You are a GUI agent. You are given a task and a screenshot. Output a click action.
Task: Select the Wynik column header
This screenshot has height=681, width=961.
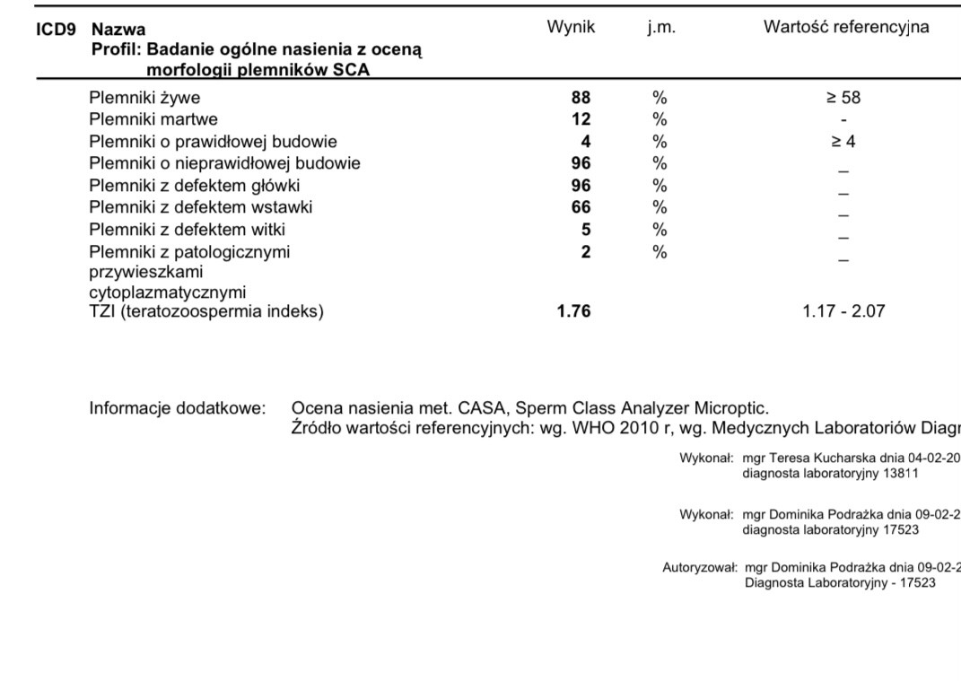click(x=571, y=28)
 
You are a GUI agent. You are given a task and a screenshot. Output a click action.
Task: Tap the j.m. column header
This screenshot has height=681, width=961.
click(x=661, y=28)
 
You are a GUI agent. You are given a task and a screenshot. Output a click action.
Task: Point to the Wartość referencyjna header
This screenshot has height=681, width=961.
click(x=845, y=28)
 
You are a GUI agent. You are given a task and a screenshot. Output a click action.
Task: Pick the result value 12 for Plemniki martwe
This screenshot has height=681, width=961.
click(x=581, y=119)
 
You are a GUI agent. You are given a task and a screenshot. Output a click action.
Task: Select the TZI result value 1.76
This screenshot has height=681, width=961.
click(x=574, y=313)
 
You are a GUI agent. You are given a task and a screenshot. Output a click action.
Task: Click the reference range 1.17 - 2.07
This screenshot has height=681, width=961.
click(x=843, y=313)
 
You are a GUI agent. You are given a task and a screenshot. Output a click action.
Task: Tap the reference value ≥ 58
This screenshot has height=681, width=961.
click(x=843, y=97)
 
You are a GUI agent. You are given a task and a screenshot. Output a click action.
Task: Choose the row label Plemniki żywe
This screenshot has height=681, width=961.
click(x=144, y=97)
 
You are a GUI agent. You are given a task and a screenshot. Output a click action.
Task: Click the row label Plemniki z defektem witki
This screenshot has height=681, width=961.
click(x=187, y=230)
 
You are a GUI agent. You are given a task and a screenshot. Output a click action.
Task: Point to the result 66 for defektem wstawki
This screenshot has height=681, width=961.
click(x=581, y=207)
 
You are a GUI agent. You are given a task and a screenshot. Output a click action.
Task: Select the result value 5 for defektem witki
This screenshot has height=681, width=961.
click(x=586, y=230)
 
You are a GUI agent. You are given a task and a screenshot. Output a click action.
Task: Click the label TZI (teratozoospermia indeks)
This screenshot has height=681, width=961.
click(x=206, y=313)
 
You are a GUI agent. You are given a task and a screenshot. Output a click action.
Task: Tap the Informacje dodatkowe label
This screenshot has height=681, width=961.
click(x=178, y=408)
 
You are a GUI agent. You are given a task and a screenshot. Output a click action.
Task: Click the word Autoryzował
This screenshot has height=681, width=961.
click(x=699, y=568)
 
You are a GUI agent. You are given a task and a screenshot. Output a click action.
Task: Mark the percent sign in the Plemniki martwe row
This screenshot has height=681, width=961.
click(x=660, y=119)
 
